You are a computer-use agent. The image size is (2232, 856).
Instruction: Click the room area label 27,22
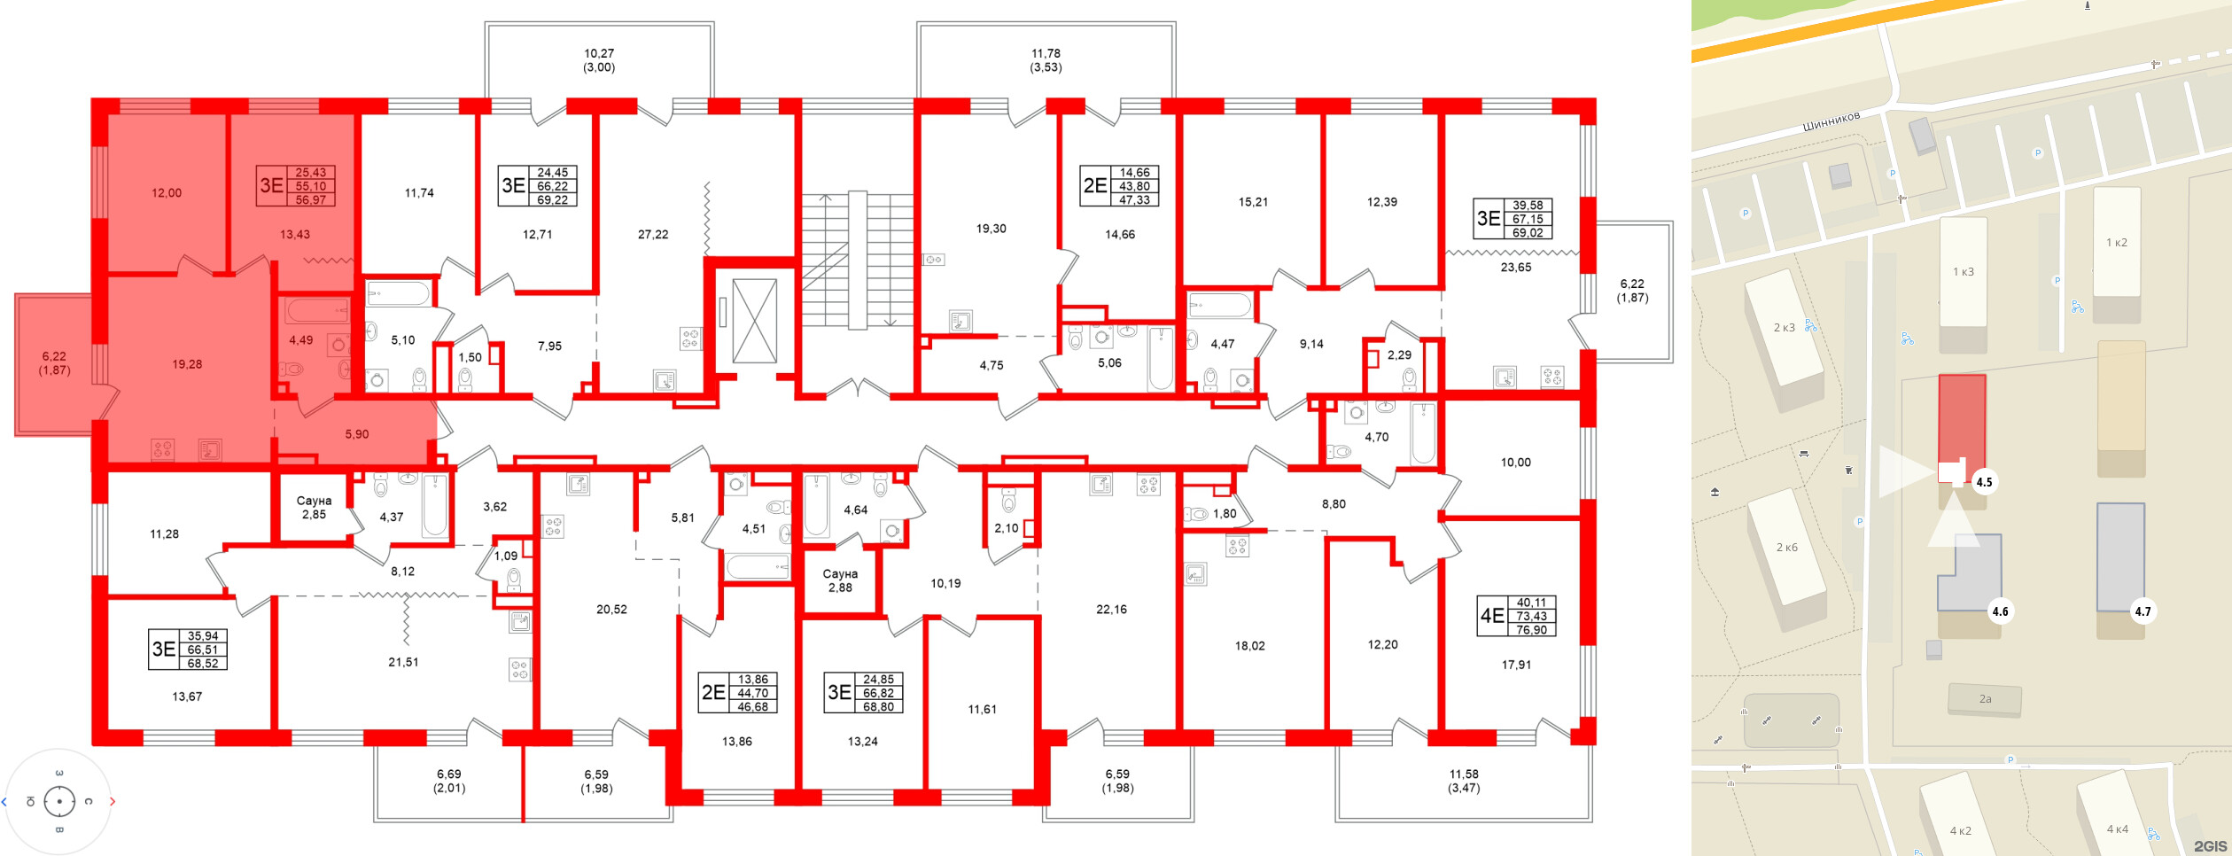point(653,235)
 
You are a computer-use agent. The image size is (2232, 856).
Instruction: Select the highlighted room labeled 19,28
point(187,364)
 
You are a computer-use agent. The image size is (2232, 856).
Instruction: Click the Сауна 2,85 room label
point(314,508)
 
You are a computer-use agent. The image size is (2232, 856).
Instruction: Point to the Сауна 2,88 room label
point(840,580)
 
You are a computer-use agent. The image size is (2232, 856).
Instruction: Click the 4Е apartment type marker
point(1492,616)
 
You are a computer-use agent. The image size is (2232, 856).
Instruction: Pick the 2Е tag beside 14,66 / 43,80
point(1095,186)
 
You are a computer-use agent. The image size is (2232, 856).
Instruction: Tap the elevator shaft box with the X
point(755,321)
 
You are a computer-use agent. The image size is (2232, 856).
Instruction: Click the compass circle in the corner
point(59,802)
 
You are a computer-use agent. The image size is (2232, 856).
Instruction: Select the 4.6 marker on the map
point(2000,611)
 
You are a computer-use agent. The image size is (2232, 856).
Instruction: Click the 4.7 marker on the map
point(2143,611)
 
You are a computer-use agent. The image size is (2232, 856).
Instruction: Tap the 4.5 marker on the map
point(1984,482)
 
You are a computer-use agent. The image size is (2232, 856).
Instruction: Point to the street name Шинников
point(1831,121)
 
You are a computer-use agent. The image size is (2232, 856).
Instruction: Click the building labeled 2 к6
point(1787,548)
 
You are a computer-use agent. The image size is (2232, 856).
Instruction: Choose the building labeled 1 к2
point(2117,243)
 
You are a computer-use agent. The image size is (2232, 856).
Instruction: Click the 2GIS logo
point(2210,846)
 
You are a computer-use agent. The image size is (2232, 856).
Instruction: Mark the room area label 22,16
point(1111,610)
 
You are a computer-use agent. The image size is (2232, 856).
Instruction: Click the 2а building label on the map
point(1985,699)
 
